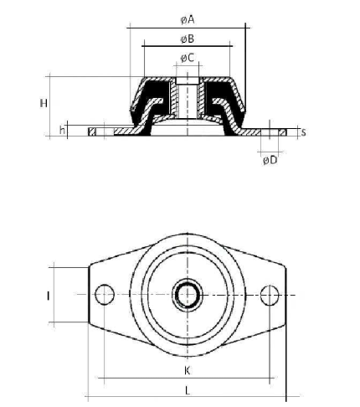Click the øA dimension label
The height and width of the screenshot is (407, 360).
(188, 20)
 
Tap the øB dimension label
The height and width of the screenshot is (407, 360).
(188, 39)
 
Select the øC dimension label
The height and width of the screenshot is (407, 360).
(188, 58)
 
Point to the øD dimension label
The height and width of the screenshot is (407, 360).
(270, 160)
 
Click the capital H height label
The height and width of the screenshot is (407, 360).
(44, 104)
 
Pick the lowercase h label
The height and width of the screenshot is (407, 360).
(63, 130)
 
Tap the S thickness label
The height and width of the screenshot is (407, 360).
(303, 132)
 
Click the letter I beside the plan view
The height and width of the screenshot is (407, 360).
(49, 296)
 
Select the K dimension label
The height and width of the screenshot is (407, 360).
(188, 371)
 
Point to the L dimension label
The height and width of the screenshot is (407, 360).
(188, 390)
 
